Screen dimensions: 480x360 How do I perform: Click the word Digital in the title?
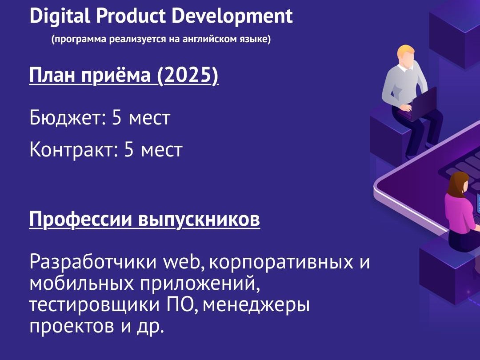60,16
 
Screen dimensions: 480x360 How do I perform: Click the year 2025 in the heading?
188,75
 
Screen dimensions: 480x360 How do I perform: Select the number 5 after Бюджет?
116,117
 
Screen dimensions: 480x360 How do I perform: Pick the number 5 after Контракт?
129,149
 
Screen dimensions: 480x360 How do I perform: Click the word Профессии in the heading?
80,219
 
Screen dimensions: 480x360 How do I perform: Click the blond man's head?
406,56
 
